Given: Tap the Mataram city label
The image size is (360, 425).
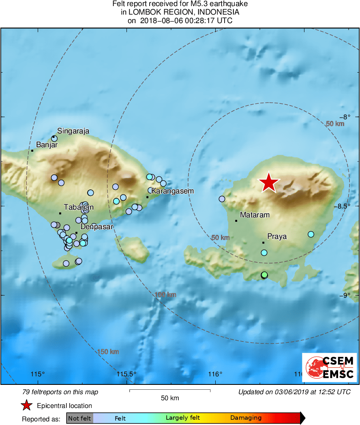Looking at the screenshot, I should pyautogui.click(x=255, y=215).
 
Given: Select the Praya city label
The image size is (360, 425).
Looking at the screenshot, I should pyautogui.click(x=277, y=236).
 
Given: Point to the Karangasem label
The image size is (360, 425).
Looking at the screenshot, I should pyautogui.click(x=171, y=191).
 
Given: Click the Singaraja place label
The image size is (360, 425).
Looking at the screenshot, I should pyautogui.click(x=73, y=131).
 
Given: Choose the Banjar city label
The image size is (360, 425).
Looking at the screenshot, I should pyautogui.click(x=47, y=144).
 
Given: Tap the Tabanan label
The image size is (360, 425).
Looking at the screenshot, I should pyautogui.click(x=79, y=207).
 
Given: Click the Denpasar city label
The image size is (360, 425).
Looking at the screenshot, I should pyautogui.click(x=96, y=227).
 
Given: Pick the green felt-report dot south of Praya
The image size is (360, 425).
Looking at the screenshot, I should pyautogui.click(x=264, y=275).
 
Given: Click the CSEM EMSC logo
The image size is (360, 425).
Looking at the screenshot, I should pyautogui.click(x=329, y=367).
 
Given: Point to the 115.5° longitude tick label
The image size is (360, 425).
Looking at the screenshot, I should pyautogui.click(x=126, y=374).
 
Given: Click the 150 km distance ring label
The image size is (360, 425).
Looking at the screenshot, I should pyautogui.click(x=108, y=352).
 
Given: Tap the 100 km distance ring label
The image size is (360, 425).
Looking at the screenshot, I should pyautogui.click(x=165, y=295).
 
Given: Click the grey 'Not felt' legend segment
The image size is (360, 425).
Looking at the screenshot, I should pyautogui.click(x=79, y=418).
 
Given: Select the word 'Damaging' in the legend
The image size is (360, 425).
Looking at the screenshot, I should pyautogui.click(x=246, y=418).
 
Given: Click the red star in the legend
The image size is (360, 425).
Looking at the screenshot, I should pyautogui.click(x=27, y=405).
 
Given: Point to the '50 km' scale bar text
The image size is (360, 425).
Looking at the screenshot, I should pyautogui.click(x=169, y=398).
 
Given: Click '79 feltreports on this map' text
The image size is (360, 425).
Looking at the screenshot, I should pyautogui.click(x=60, y=392).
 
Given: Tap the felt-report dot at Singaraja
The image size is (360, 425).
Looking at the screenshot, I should pyautogui.click(x=54, y=138).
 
